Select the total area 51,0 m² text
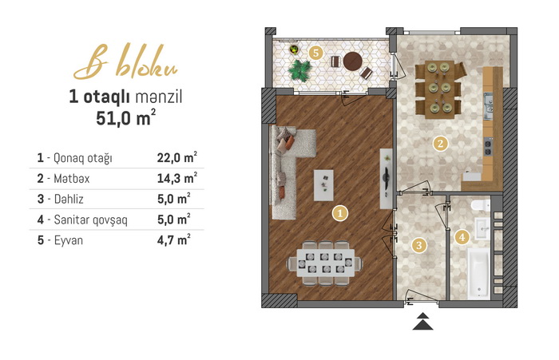(125, 117)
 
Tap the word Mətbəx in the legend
(72, 178)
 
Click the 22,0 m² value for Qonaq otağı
(177, 157)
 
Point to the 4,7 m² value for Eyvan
(173, 240)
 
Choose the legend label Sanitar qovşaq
(90, 220)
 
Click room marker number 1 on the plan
(339, 213)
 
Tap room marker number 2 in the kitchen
(440, 144)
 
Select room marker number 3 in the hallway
(419, 245)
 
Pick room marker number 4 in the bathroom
(462, 237)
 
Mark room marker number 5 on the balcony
(315, 53)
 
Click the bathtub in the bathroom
(478, 273)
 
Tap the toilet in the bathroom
(480, 206)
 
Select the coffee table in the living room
(323, 185)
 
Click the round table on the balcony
(353, 61)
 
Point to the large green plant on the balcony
(299, 70)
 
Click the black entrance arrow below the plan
(422, 321)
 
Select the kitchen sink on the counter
(488, 105)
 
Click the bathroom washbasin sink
(482, 228)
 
